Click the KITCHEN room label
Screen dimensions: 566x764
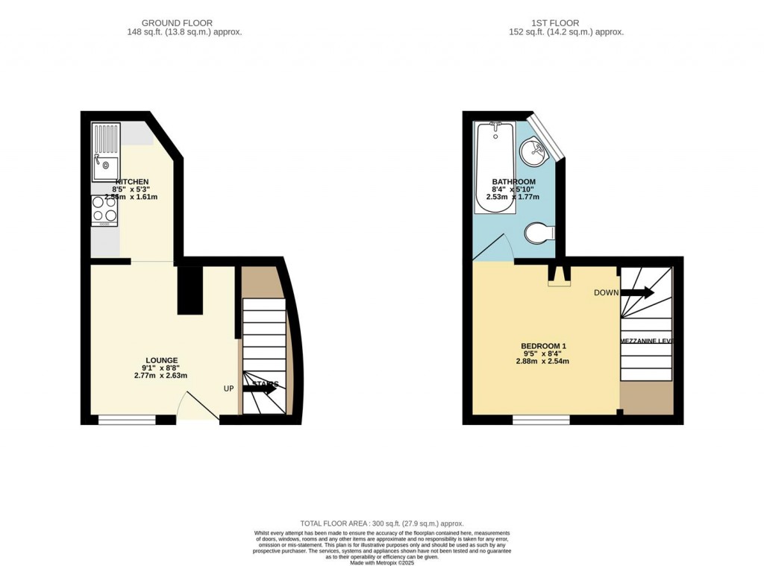click(131, 182)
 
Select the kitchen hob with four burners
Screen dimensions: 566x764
click(104, 210)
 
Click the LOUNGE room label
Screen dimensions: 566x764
click(161, 360)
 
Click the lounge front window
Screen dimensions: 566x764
click(127, 420)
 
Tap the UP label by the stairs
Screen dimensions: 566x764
click(230, 389)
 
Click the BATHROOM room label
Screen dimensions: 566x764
click(513, 182)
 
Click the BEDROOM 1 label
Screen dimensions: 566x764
click(543, 346)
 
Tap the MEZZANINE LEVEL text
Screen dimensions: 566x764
click(646, 341)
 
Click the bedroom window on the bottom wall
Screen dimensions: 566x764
click(541, 420)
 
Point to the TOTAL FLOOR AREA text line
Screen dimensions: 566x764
click(381, 523)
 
